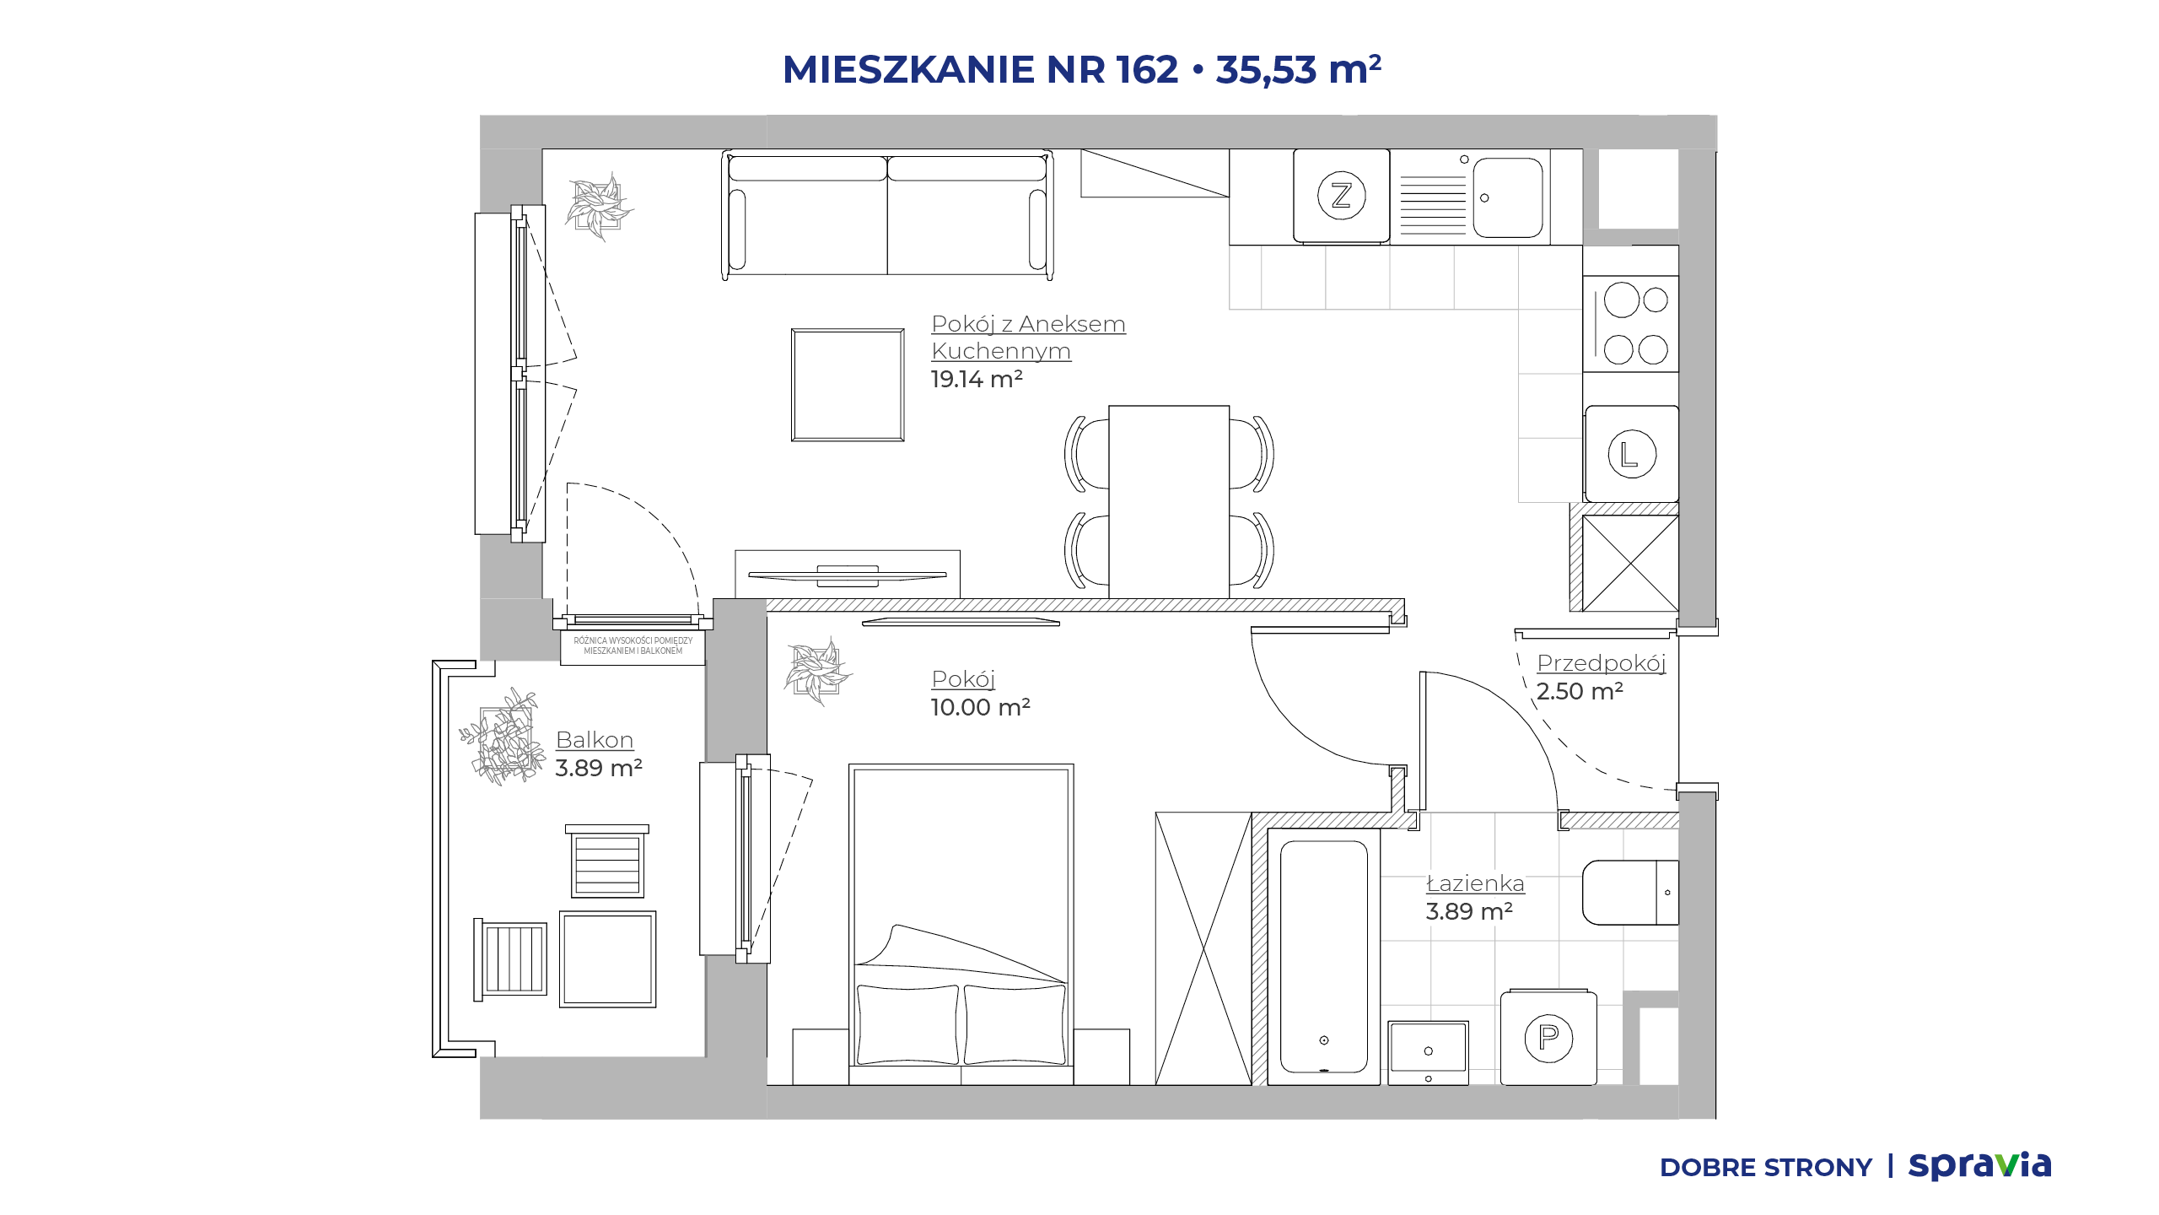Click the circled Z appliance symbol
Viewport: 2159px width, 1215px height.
pyautogui.click(x=1341, y=196)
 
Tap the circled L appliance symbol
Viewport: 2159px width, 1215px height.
pyautogui.click(x=1632, y=454)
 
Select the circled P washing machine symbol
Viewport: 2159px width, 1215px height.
pyautogui.click(x=1548, y=1037)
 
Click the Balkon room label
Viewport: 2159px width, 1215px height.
pyautogui.click(x=595, y=740)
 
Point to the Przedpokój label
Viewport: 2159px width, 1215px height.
pyautogui.click(x=1601, y=663)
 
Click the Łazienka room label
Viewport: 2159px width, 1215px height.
pyautogui.click(x=1475, y=883)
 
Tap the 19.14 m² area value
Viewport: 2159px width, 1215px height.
pyautogui.click(x=977, y=380)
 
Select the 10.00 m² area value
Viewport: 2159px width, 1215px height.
pyautogui.click(x=980, y=707)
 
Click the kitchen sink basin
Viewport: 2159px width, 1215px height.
pyautogui.click(x=1508, y=197)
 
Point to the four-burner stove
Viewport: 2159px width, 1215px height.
pyautogui.click(x=1631, y=324)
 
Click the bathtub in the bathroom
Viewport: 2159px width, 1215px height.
pyautogui.click(x=1323, y=956)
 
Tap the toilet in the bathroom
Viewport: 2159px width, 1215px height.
pyautogui.click(x=1630, y=893)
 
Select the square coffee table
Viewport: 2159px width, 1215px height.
pyautogui.click(x=848, y=385)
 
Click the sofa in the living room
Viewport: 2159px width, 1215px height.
pyautogui.click(x=887, y=214)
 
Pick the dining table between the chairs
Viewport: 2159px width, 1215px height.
pyautogui.click(x=1169, y=502)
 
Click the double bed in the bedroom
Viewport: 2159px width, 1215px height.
pyautogui.click(x=961, y=925)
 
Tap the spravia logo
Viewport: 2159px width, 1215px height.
pyautogui.click(x=1979, y=1166)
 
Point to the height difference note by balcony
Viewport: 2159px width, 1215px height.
pyautogui.click(x=633, y=646)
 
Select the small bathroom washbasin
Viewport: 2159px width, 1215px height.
pyautogui.click(x=1428, y=1053)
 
